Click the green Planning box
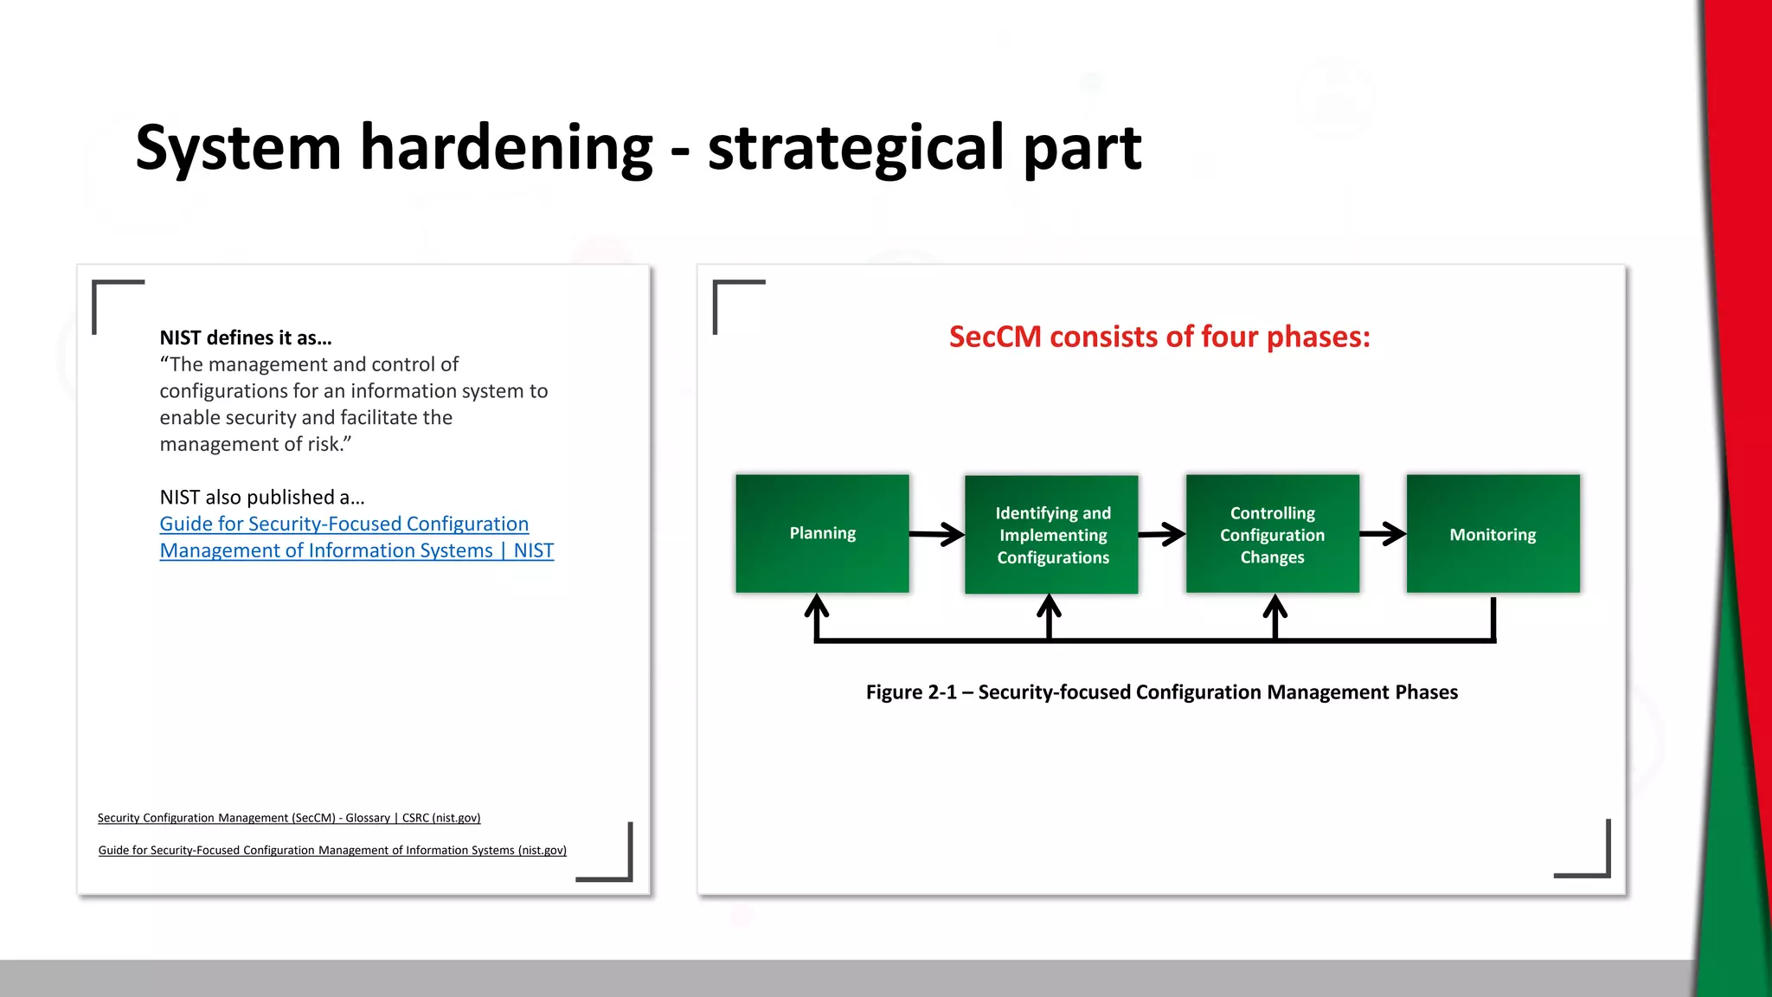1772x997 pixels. pos(822,533)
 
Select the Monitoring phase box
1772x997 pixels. pos(1493,533)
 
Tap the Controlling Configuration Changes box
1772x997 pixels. pos(1272,533)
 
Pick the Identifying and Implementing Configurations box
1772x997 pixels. pos(1051,534)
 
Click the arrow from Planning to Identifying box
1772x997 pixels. pos(937,535)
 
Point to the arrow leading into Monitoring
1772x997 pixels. pos(1382,534)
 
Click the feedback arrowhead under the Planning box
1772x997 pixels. pos(817,608)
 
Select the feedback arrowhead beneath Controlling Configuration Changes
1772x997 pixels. pos(1274,608)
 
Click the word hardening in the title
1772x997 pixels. pos(506,147)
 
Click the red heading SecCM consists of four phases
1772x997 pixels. pos(1159,337)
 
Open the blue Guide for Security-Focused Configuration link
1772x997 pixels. pos(344,524)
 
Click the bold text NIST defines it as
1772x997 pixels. pos(246,338)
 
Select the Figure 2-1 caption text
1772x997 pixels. pos(1161,692)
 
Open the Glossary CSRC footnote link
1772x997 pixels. pos(289,818)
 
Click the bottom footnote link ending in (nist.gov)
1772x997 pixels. pos(332,851)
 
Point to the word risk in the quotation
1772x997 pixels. pos(324,444)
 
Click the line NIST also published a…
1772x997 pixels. pos(262,498)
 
